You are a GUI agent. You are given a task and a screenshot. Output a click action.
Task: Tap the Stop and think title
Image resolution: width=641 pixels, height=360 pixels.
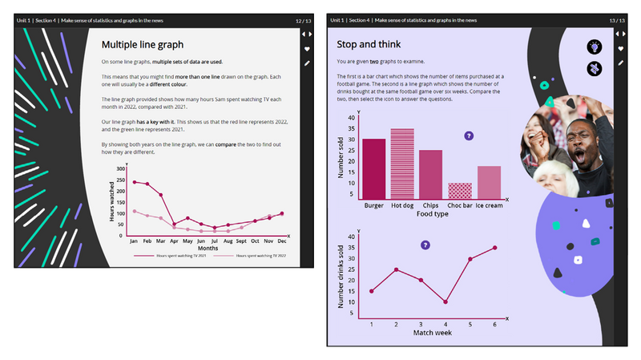[369, 44]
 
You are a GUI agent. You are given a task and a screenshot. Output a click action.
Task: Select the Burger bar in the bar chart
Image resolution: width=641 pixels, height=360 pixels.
[374, 168]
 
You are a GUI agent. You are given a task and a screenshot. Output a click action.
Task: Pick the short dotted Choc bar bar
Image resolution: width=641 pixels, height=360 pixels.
[459, 190]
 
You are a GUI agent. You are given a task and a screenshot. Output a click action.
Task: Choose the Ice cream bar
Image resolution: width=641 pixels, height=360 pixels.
[489, 182]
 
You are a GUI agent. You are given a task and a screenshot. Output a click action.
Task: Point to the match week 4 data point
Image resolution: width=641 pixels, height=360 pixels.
[445, 302]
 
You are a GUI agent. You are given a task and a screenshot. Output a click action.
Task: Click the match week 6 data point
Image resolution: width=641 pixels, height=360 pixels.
[495, 248]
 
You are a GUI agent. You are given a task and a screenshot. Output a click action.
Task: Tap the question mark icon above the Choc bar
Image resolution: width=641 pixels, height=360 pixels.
[469, 136]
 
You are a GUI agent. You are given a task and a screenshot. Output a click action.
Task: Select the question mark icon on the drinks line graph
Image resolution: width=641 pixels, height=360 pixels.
[425, 245]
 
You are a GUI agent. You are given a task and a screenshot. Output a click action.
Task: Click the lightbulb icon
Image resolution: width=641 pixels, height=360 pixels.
[595, 47]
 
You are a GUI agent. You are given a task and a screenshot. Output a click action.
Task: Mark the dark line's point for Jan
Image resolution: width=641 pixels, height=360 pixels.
[134, 182]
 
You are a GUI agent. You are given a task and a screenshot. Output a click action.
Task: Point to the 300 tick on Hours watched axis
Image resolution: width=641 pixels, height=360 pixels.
[121, 169]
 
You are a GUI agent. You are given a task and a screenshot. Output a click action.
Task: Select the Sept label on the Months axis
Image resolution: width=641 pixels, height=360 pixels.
[241, 241]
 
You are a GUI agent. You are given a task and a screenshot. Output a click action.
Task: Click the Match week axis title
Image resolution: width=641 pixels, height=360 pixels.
[433, 332]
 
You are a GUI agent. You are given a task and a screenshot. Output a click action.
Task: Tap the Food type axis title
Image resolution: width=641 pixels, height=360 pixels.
[433, 214]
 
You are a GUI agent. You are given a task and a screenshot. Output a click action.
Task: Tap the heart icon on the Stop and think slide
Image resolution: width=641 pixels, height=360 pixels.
[619, 49]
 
